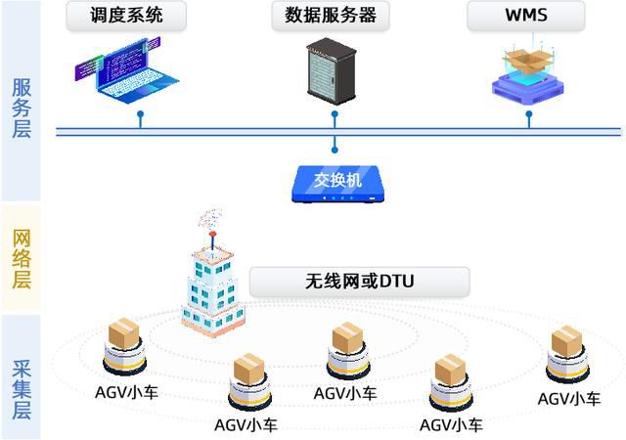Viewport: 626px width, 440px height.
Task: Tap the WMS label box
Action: click(x=525, y=16)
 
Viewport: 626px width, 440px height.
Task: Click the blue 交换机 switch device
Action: click(x=335, y=181)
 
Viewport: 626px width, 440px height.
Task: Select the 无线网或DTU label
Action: click(x=359, y=283)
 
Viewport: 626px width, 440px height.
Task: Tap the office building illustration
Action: click(x=212, y=284)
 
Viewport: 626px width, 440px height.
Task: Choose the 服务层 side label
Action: click(x=21, y=108)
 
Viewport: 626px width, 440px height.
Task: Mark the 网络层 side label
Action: click(x=21, y=258)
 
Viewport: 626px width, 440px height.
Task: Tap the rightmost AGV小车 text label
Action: click(x=569, y=398)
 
